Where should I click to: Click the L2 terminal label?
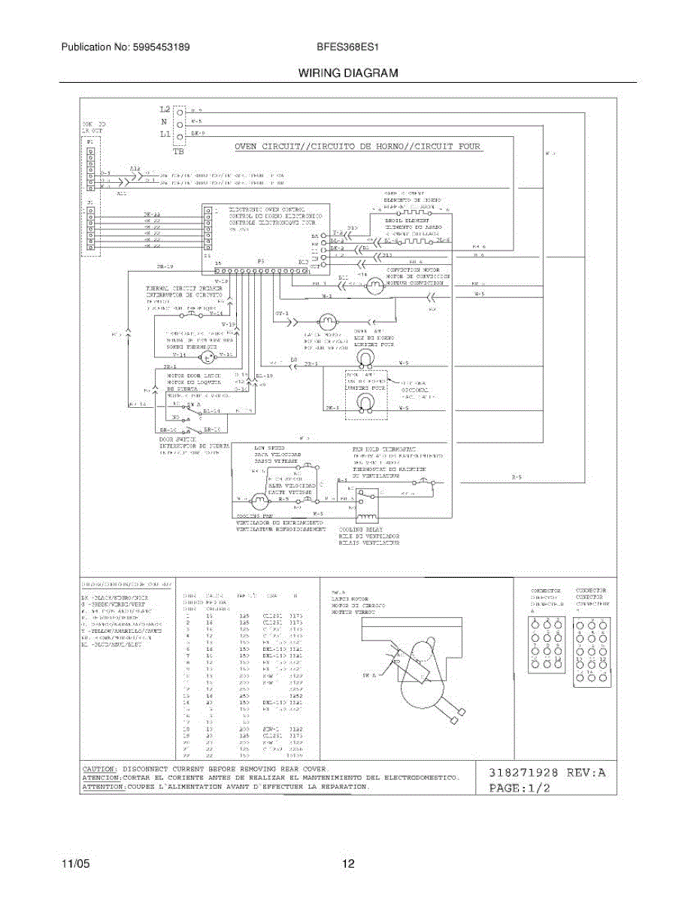pos(165,110)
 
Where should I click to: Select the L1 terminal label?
pos(165,134)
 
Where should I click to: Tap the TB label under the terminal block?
pos(179,151)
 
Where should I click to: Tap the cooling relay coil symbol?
pos(366,517)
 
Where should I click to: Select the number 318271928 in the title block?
pos(525,772)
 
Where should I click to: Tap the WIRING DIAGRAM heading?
pos(348,73)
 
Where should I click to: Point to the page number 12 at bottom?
pos(348,864)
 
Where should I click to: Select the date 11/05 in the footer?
pos(75,864)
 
